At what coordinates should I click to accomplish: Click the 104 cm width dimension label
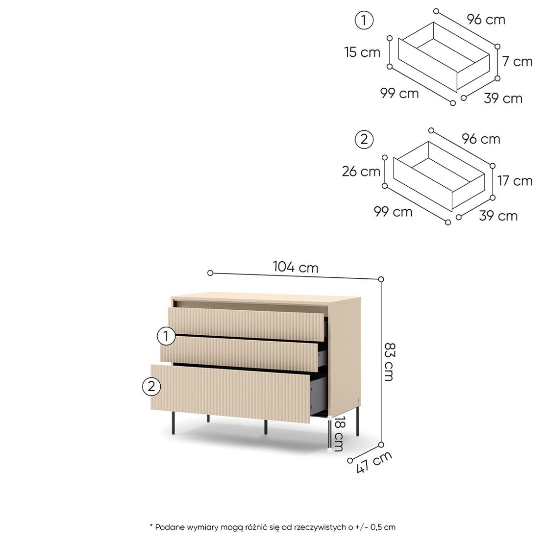point(296,267)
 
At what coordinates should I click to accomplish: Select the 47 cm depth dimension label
point(373,462)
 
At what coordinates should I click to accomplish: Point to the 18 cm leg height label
point(339,433)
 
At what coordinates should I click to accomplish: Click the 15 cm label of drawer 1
point(362,52)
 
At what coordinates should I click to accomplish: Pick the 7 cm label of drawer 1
point(517,62)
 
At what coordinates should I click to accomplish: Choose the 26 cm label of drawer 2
point(361,172)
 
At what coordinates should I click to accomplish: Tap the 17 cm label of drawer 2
point(515,181)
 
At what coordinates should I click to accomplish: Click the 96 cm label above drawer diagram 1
point(486,20)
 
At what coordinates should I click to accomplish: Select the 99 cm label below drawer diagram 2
point(393,212)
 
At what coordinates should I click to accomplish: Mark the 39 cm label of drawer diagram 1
point(503,99)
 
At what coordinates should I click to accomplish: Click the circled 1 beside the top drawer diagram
point(364,21)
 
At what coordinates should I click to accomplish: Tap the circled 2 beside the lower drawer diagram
point(364,140)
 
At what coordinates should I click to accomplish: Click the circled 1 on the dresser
point(166,336)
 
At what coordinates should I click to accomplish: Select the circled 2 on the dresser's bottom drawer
point(151,387)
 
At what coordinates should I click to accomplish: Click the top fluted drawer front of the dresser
point(246,323)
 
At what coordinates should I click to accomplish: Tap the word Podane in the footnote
point(170,527)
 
